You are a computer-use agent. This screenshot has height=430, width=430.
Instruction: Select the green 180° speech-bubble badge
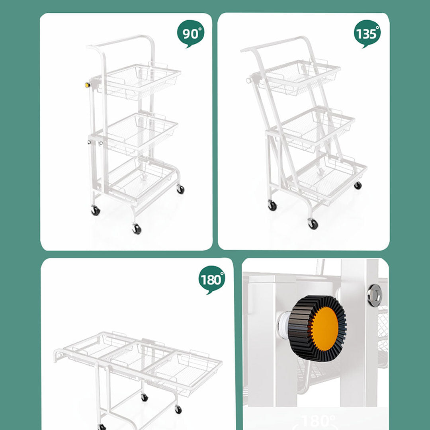point(211,280)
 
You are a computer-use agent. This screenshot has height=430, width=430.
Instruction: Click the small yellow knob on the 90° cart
point(87,85)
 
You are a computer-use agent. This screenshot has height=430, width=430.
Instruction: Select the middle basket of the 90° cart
point(137,131)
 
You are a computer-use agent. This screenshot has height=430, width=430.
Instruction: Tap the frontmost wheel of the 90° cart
point(137,229)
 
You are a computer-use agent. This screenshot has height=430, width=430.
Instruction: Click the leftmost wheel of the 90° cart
point(96,211)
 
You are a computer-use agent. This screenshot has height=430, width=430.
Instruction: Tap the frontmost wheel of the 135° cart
point(313,224)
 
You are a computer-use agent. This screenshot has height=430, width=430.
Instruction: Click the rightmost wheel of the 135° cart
point(358,185)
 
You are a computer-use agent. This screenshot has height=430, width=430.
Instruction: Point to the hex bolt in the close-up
point(374,295)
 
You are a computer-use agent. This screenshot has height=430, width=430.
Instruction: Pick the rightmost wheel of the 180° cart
point(178,409)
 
